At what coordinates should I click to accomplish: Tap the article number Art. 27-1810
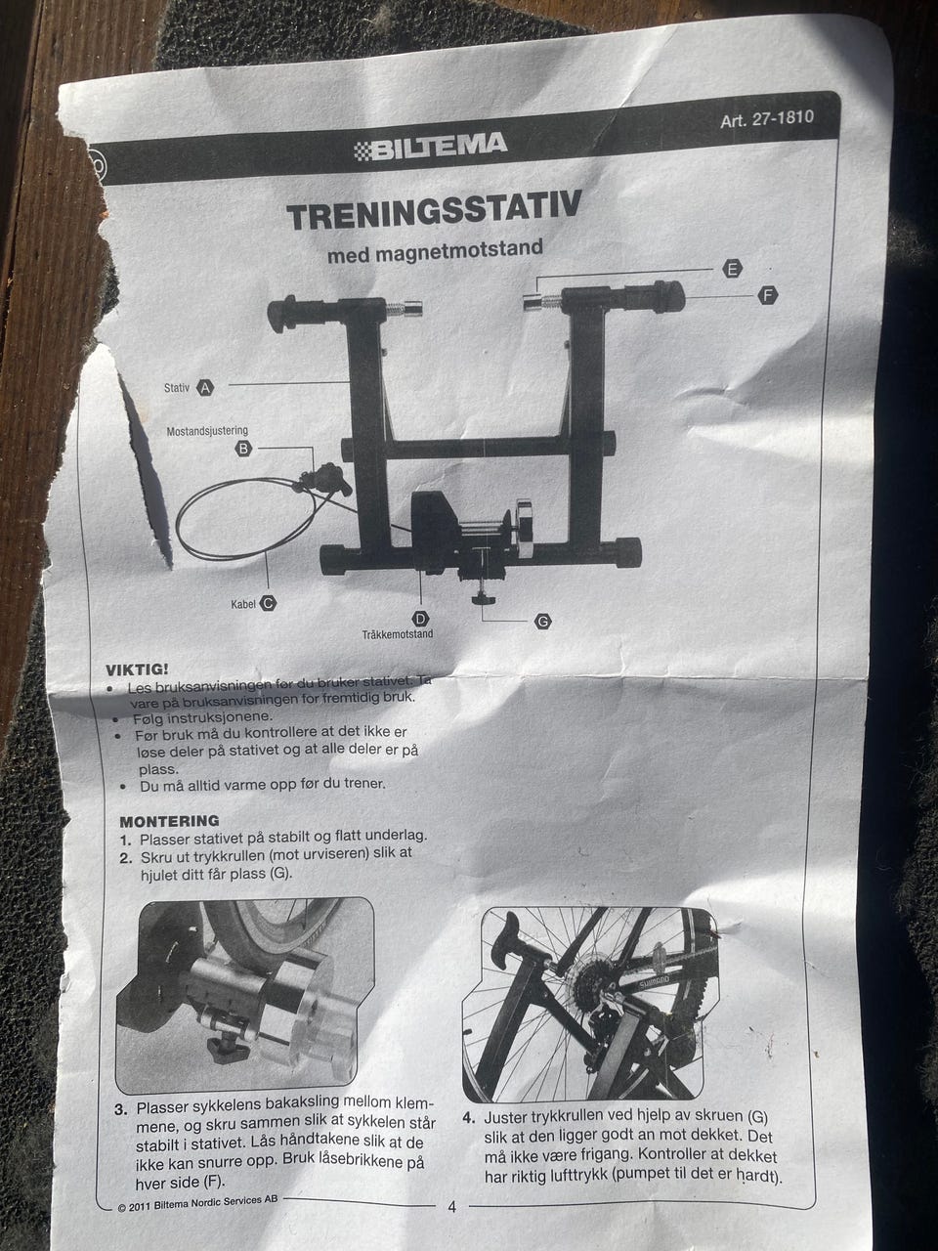(x=767, y=119)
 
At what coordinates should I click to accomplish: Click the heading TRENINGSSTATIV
(x=434, y=210)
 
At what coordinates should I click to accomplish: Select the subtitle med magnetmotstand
(x=435, y=251)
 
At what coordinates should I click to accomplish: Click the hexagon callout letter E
(x=732, y=269)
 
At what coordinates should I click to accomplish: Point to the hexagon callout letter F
(x=768, y=296)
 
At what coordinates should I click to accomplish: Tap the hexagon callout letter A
(x=205, y=388)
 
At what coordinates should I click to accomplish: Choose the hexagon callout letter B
(x=243, y=449)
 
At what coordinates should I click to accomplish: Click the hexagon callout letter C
(x=268, y=603)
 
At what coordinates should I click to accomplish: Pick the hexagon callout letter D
(x=420, y=619)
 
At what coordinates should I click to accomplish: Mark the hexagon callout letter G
(x=543, y=622)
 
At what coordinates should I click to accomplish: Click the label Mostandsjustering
(x=207, y=431)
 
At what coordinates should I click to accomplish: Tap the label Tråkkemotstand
(x=398, y=633)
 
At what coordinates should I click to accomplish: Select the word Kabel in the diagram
(x=243, y=604)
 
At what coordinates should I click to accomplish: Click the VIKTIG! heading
(x=137, y=669)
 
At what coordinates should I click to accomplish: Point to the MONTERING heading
(x=169, y=821)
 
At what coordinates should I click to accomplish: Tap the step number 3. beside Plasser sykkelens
(x=121, y=1109)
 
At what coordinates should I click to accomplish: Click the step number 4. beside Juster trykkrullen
(x=469, y=1118)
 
